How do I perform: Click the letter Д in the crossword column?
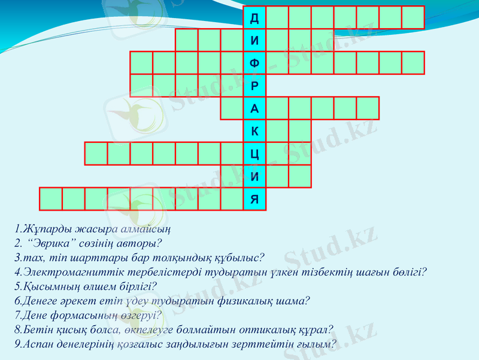click(x=254, y=17)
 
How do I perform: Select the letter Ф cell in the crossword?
click(x=254, y=63)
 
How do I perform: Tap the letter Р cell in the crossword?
click(x=254, y=86)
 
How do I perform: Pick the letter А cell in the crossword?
click(x=254, y=109)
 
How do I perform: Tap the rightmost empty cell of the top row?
click(x=413, y=17)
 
